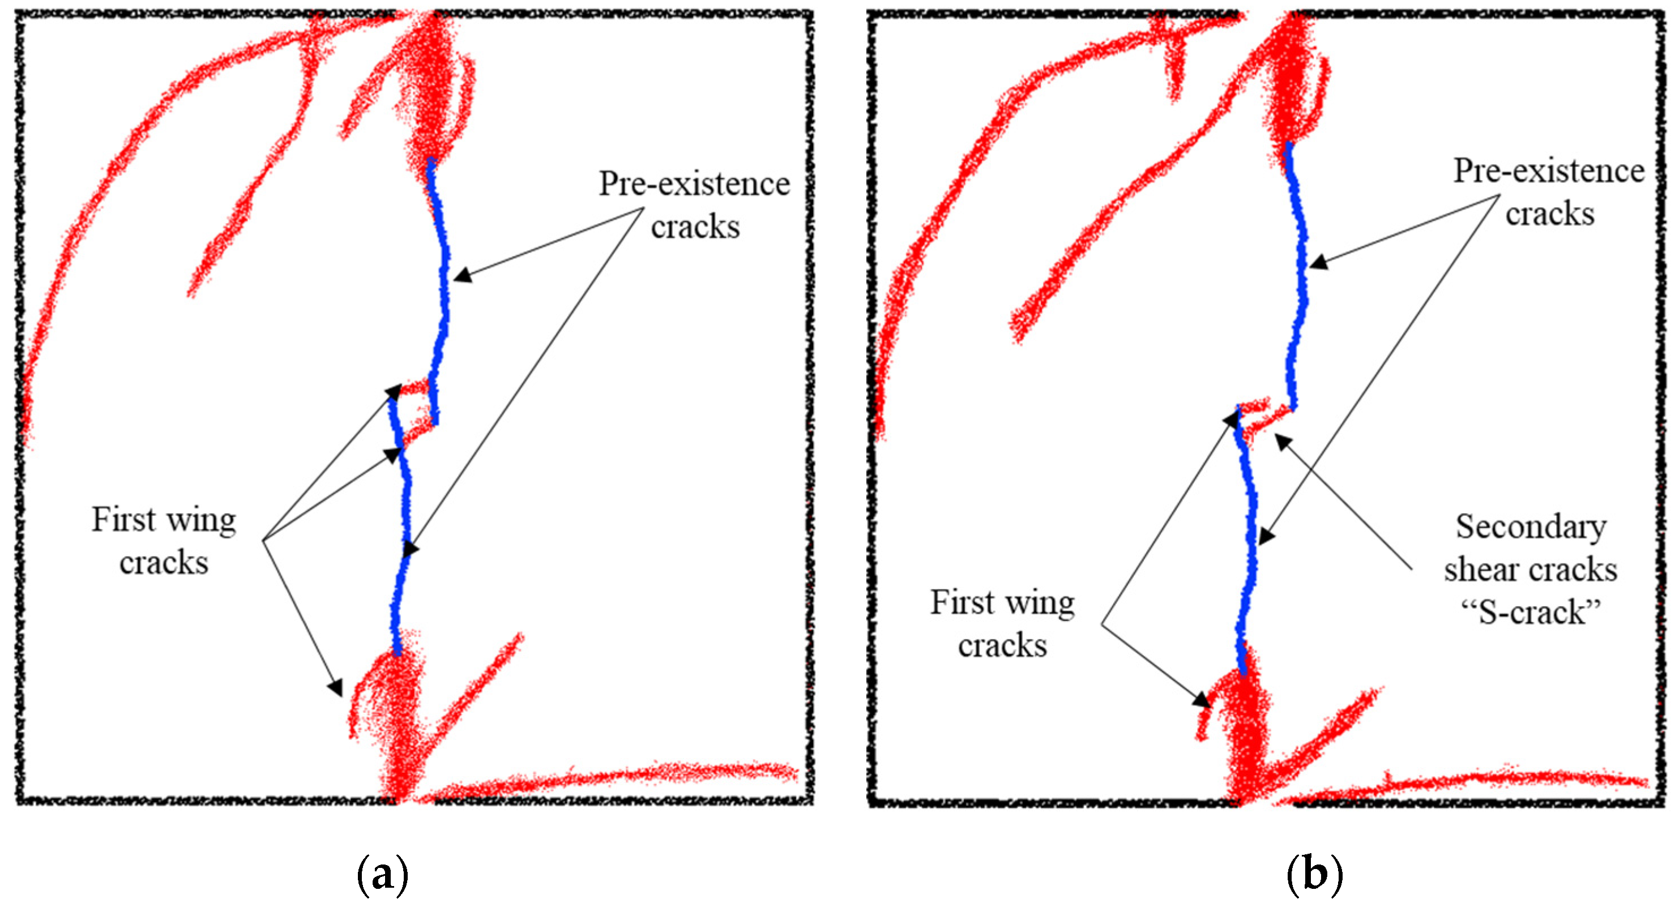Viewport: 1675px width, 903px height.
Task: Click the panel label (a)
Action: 383,874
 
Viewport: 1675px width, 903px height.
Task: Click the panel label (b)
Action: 1314,874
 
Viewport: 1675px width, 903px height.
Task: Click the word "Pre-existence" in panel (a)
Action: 694,184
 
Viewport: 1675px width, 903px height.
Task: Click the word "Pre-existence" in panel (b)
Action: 1549,172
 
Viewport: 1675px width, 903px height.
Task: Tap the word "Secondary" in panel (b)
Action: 1531,527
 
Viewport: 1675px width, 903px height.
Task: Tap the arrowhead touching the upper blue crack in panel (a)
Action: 460,276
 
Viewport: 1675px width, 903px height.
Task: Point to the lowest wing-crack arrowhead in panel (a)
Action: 336,687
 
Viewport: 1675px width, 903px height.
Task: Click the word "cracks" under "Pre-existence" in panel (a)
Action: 695,228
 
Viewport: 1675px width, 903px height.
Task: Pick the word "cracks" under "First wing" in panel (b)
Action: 1002,646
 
